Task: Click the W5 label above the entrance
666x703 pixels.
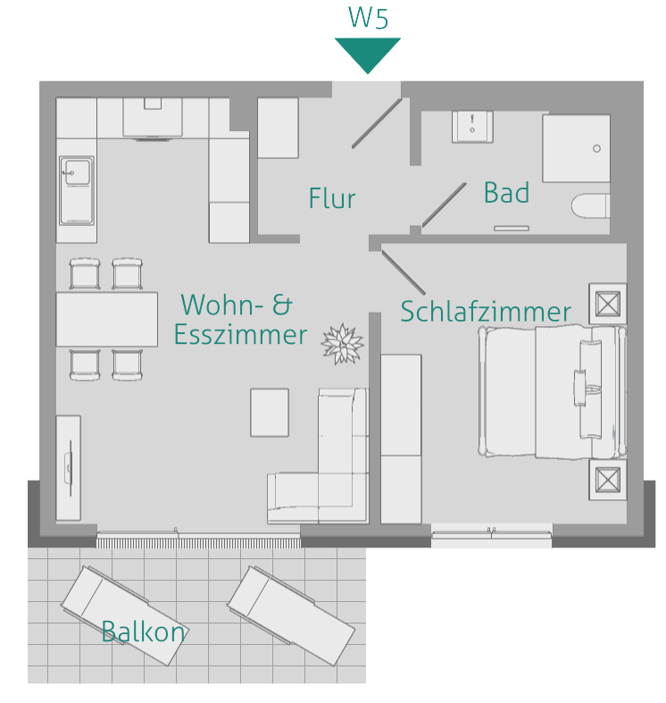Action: pos(367,19)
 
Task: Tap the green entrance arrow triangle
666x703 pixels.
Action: pos(367,52)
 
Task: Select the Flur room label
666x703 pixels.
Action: pos(332,198)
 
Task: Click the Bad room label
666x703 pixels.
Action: pos(506,192)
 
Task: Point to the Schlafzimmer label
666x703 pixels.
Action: pos(485,312)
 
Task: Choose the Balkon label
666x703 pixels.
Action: pos(143,632)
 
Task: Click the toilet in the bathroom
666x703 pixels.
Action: pos(590,206)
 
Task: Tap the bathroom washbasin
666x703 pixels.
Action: pos(472,126)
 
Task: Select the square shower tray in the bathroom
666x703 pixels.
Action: pos(576,147)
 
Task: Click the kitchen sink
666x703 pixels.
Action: pos(77,189)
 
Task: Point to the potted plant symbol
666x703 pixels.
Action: pos(342,343)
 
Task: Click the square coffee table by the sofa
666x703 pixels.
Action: pos(270,412)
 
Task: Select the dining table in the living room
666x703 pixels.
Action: pos(106,318)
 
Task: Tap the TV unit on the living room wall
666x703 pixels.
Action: pos(68,467)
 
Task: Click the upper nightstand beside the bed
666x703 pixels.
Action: pos(607,304)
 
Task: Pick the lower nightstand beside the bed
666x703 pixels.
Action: pos(607,480)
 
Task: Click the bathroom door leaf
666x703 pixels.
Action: pos(444,205)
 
